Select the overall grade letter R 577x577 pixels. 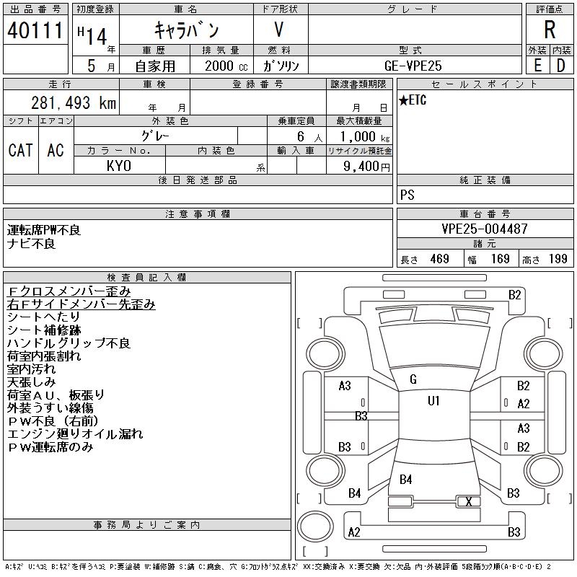550,31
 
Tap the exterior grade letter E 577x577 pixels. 537,65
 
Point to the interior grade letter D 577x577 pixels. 560,65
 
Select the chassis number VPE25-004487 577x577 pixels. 485,229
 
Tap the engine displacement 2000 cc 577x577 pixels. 220,65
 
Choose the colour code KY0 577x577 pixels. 119,165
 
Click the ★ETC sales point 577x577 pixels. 413,101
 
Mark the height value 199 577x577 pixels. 558,259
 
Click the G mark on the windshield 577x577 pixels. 413,379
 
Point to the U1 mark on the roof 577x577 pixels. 433,401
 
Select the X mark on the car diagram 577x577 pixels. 470,501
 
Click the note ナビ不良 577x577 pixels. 31,244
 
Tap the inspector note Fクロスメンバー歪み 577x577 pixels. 69,291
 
